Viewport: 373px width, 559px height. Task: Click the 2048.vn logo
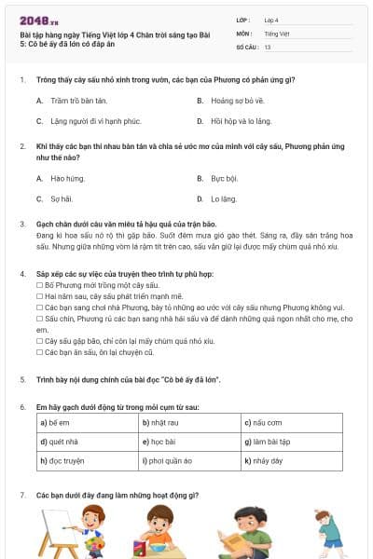pyautogui.click(x=35, y=20)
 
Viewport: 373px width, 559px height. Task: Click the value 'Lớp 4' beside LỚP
pyautogui.click(x=272, y=20)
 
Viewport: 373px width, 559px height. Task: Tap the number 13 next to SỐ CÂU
pyautogui.click(x=268, y=47)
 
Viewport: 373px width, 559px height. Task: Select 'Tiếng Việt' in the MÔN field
pyautogui.click(x=277, y=34)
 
